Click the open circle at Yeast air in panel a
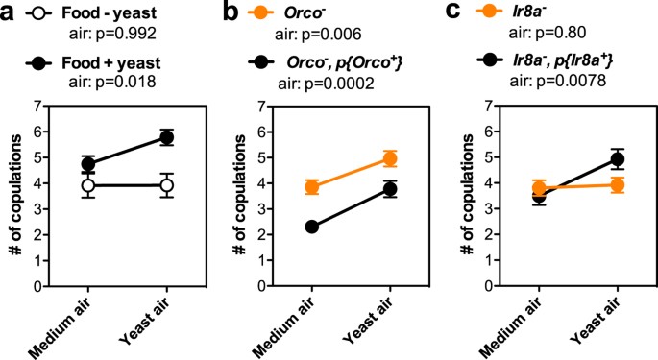coord(166,184)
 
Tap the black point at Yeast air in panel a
coord(166,137)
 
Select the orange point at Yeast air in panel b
coord(389,158)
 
